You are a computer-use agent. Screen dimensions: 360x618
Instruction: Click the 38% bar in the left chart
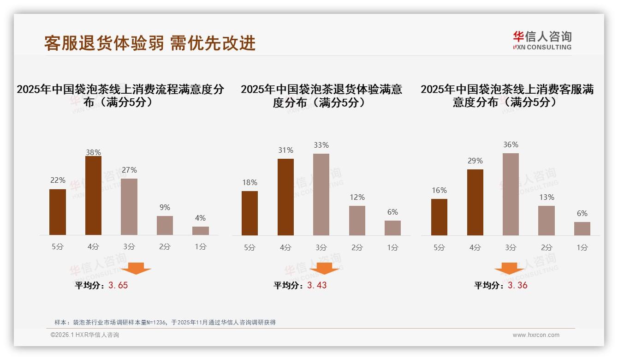pos(93,196)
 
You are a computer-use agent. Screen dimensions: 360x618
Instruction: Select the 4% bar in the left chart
pos(200,231)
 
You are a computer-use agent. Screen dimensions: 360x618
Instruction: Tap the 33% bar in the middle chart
pos(321,194)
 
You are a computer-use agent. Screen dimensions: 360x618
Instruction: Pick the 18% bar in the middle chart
pos(250,213)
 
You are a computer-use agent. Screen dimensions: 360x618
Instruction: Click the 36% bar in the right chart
pos(511,194)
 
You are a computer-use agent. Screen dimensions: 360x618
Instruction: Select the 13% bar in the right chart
pos(547,220)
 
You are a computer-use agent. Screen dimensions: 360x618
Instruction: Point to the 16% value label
pos(439,190)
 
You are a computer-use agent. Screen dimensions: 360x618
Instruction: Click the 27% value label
pos(129,170)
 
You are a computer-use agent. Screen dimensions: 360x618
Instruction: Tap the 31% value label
pos(285,150)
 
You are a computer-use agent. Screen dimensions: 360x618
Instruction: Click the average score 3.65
pos(118,285)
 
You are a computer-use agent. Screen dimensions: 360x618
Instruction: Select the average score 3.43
pos(317,285)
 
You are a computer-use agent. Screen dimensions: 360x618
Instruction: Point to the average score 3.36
pos(517,285)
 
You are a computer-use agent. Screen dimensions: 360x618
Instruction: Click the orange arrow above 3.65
pos(136,268)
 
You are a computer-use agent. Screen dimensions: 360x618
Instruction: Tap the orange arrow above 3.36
pos(509,268)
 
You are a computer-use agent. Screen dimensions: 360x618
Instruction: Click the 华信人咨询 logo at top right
pos(542,40)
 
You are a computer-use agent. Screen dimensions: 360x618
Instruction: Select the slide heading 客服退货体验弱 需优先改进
pos(150,43)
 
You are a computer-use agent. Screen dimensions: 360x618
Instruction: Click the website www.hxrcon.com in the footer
pos(536,335)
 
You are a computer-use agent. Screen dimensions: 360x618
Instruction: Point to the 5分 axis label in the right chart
pos(439,247)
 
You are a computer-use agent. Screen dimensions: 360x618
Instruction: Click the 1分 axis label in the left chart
pos(200,246)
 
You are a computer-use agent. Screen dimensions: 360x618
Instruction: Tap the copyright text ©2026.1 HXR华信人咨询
pos(85,335)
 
